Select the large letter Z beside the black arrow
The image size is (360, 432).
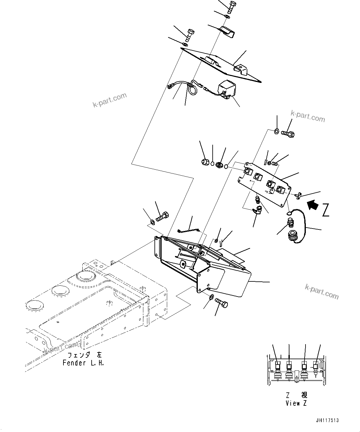pyautogui.click(x=325, y=210)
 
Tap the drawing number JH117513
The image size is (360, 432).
pyautogui.click(x=327, y=420)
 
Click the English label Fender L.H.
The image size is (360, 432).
pyautogui.click(x=83, y=363)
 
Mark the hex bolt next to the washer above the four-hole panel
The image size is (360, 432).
pyautogui.click(x=288, y=134)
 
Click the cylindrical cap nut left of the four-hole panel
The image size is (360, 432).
pyautogui.click(x=204, y=162)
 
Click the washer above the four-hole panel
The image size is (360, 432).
pyautogui.click(x=276, y=132)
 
